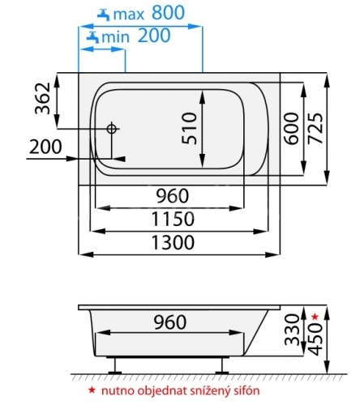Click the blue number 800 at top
168,12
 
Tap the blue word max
129,15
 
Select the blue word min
116,37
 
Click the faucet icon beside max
104,15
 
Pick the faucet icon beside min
92,37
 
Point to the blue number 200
154,36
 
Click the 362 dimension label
43,98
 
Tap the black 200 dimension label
45,147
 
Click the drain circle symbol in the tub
111,129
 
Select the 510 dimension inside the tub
189,129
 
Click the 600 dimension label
291,129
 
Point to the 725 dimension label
315,129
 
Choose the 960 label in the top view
173,196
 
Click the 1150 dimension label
173,219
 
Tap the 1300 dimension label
173,242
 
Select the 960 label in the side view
170,322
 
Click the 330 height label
293,330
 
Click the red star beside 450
315,317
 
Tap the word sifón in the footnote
246,390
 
